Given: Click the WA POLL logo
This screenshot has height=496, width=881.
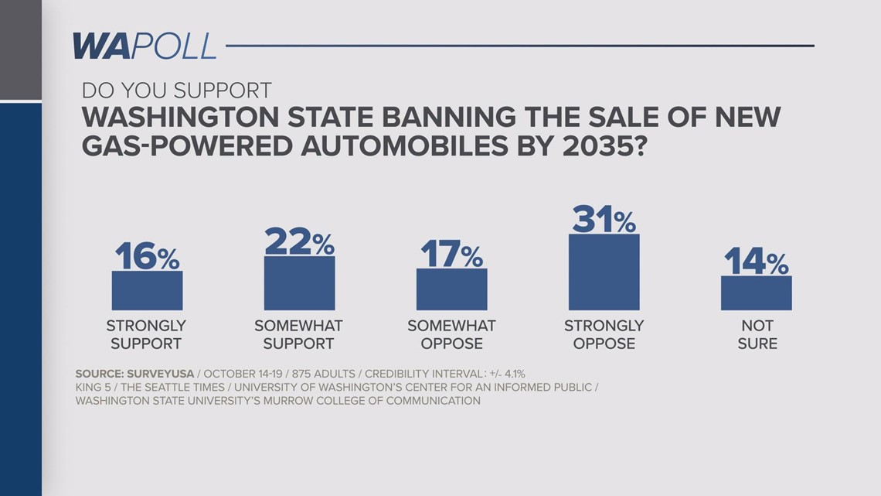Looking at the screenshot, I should click(x=144, y=46).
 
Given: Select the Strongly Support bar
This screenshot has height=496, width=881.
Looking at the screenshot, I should click(x=147, y=291).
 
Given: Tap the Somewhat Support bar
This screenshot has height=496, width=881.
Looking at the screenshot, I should click(x=299, y=283).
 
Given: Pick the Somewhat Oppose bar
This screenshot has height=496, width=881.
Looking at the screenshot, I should click(x=451, y=289).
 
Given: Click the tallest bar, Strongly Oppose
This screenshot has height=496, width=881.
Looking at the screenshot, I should click(x=604, y=272).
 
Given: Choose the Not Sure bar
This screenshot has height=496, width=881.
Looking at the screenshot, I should click(x=756, y=293).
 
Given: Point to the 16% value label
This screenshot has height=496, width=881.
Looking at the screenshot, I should click(x=147, y=256).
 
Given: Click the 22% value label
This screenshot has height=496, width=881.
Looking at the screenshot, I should click(x=299, y=241).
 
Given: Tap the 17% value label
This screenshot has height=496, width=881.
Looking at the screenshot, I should click(x=451, y=254).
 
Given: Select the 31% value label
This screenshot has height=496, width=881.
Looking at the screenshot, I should click(x=604, y=219).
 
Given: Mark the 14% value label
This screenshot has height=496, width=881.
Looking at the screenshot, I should click(x=756, y=262).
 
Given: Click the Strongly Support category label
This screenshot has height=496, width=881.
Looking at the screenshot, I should click(x=146, y=334).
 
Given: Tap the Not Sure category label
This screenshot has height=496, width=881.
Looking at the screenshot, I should click(x=757, y=334).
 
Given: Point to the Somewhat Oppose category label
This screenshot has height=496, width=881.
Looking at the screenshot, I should click(x=451, y=334).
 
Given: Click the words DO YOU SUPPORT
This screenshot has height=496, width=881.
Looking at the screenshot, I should click(x=177, y=90).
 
